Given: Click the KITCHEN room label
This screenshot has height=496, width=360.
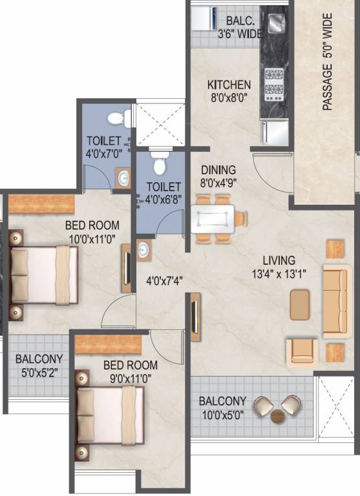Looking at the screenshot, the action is click(229, 85).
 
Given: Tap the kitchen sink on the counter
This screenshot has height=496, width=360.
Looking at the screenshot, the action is click(277, 23).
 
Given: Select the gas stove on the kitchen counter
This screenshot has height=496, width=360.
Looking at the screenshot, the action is click(274, 85).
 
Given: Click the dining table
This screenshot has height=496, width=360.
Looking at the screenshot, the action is click(213, 219).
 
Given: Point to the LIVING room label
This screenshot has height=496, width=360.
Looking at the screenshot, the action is click(279, 260).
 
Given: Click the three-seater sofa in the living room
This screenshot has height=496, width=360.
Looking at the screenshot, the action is click(337, 301).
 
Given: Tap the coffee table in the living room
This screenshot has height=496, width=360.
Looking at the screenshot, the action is click(299, 305).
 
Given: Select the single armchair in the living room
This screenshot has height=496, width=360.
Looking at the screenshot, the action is click(302, 354).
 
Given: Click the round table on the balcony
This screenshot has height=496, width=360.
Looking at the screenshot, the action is click(278, 416).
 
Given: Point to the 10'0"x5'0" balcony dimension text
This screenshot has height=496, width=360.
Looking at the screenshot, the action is click(223, 415).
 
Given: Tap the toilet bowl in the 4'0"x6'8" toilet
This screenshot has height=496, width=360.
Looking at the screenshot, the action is click(159, 163).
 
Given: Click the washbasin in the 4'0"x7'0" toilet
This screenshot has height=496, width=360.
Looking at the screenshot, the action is click(123, 178).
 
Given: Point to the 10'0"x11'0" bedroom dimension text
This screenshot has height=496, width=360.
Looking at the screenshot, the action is click(92, 238).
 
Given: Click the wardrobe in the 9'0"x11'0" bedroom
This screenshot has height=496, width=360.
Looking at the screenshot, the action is click(109, 344).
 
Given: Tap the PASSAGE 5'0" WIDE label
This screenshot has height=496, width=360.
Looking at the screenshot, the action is click(328, 62).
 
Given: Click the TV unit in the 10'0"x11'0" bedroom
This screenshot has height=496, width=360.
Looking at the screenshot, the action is click(127, 268).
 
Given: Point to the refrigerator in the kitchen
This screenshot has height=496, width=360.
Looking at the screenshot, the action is click(275, 132).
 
